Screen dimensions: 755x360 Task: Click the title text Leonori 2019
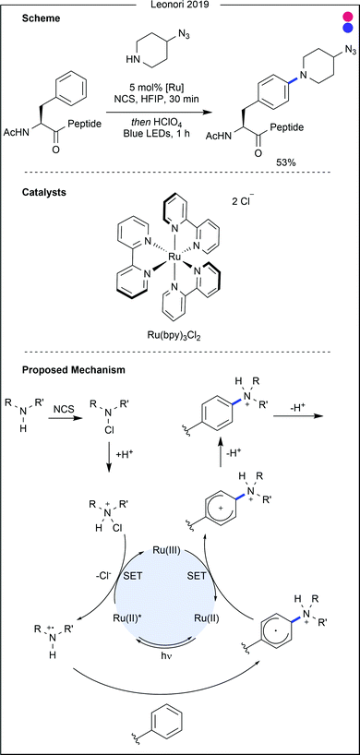click(x=179, y=6)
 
